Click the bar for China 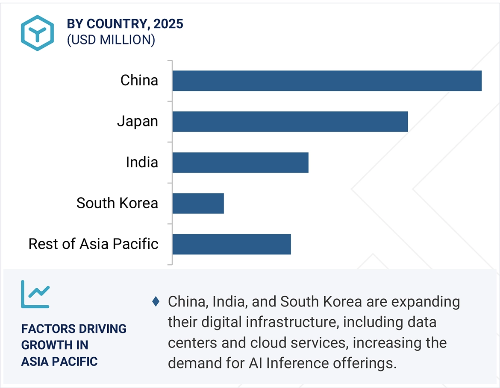click(327, 81)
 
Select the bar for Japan click(290, 122)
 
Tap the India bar click(240, 163)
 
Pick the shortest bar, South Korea click(198, 204)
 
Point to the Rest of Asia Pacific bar click(232, 245)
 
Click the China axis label click(139, 80)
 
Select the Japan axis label click(137, 122)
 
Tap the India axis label click(141, 162)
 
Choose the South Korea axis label click(117, 203)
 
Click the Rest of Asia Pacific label click(93, 244)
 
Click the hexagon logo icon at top click(37, 33)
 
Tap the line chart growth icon click(35, 295)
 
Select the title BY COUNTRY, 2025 click(125, 24)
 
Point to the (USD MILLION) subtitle click(111, 40)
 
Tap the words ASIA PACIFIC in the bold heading click(59, 362)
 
